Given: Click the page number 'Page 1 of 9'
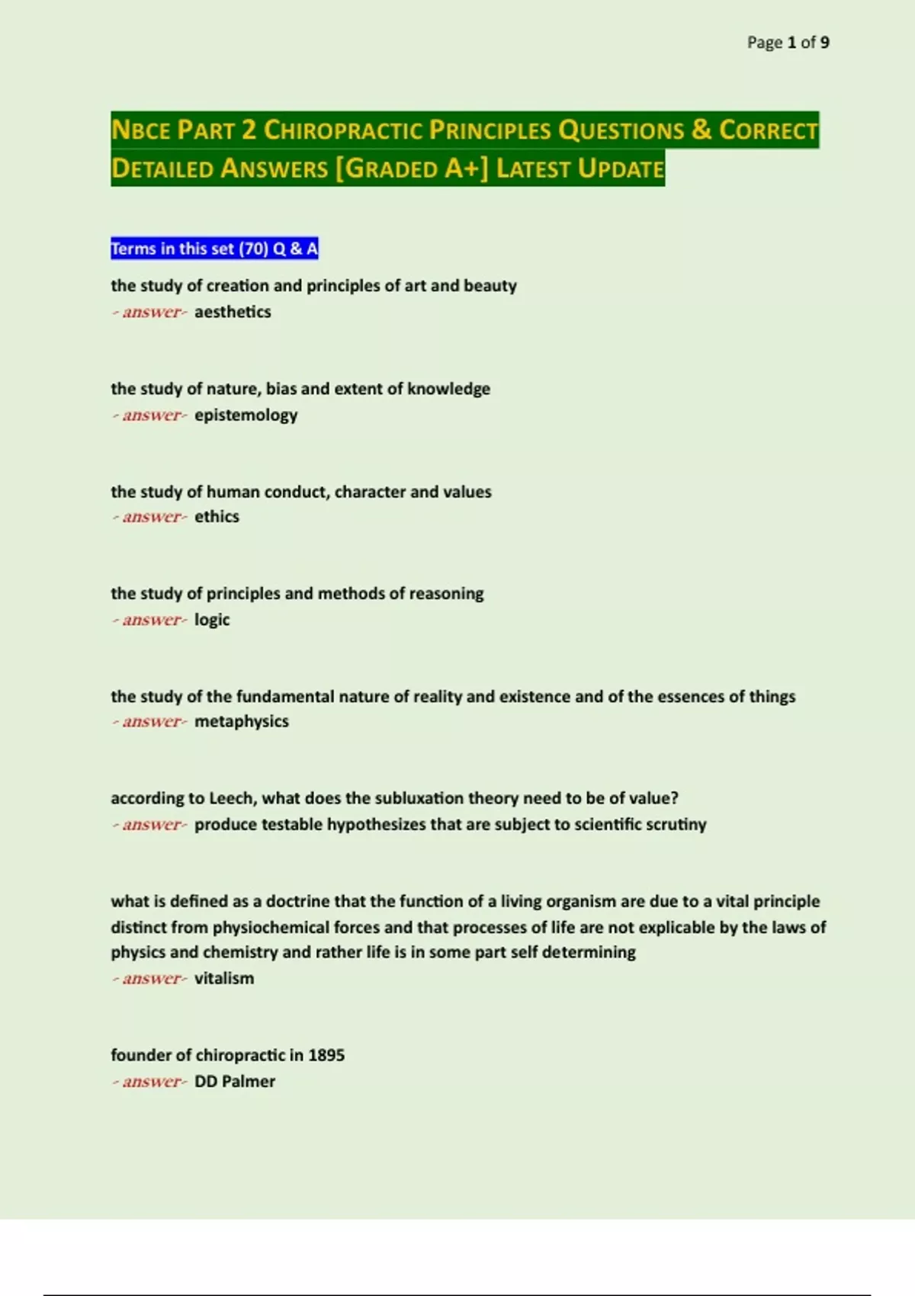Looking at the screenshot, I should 788,43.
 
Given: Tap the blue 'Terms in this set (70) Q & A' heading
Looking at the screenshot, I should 214,249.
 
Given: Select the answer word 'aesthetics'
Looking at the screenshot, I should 233,312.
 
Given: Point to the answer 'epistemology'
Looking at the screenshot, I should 246,415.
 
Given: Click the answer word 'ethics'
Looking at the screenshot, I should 217,517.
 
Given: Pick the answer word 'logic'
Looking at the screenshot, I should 212,620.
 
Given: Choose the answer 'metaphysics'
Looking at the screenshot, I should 241,721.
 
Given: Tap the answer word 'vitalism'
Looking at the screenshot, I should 224,978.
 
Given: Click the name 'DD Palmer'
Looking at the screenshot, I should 235,1081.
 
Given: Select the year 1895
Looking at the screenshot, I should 326,1055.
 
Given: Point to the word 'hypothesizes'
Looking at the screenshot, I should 376,825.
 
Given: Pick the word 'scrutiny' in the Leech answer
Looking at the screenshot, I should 673,825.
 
